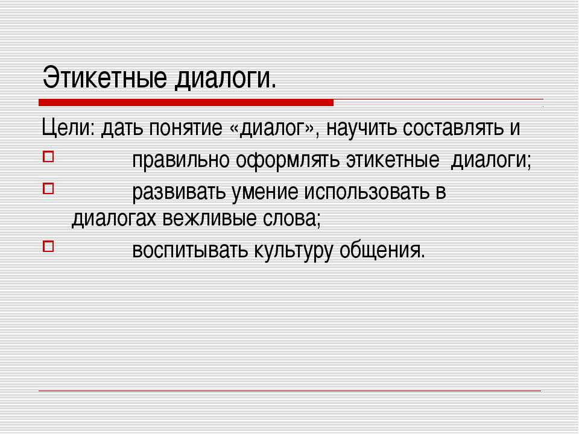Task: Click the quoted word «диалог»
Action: point(273,128)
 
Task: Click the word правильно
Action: point(180,161)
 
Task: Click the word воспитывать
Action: point(188,249)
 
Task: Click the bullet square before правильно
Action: point(48,159)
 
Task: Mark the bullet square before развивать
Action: point(48,191)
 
